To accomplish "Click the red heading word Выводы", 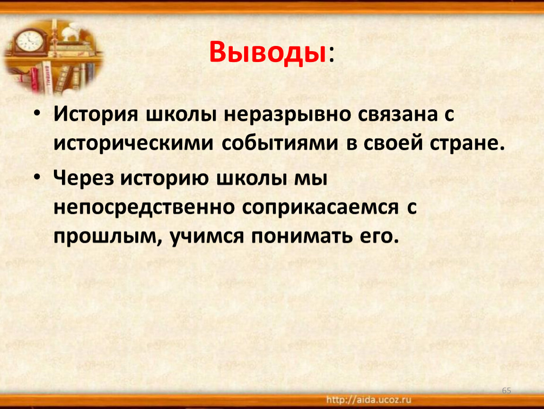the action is pos(267,53).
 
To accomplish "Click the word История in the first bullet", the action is pos(96,114).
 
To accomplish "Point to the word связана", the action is pos(397,114).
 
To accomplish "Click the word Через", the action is pos(84,178).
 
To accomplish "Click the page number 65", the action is pos(507,391).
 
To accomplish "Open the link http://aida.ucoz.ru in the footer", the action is pos(369,400).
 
